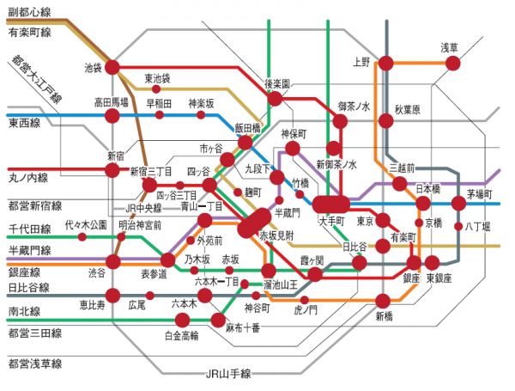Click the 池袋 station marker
(112, 66)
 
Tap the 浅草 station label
(450, 47)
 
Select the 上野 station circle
(386, 62)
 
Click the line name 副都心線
(31, 13)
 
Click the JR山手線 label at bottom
(227, 374)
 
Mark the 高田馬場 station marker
(112, 115)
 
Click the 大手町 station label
(330, 221)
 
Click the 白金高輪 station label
(181, 335)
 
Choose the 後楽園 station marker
(275, 98)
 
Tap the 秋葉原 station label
(407, 110)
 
